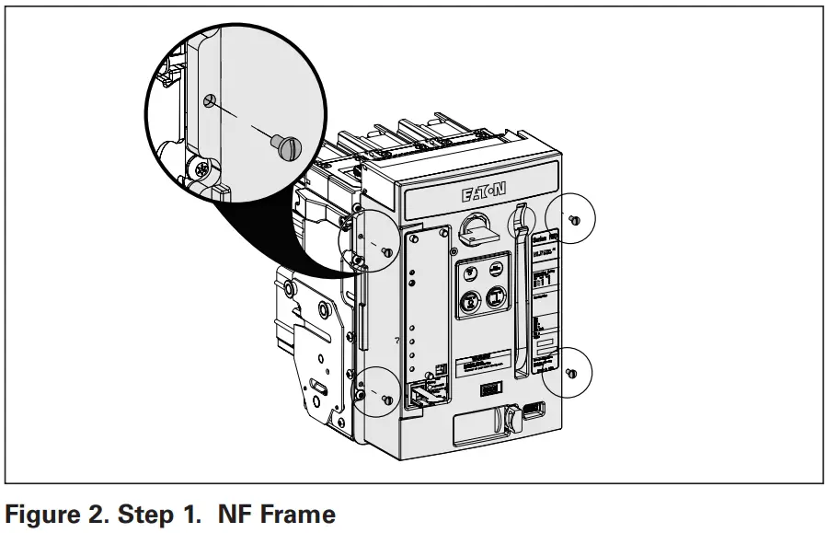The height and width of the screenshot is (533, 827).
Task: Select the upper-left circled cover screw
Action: tap(387, 251)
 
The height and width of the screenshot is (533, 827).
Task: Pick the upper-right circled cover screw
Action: tap(573, 219)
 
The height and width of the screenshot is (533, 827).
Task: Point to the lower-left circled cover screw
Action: tap(386, 399)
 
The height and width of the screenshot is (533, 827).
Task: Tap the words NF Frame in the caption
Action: tap(277, 514)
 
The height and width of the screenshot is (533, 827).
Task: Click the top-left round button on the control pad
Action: tap(469, 272)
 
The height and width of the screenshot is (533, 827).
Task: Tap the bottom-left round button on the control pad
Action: tap(469, 299)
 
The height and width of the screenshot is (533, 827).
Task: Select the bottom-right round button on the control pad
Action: tap(495, 297)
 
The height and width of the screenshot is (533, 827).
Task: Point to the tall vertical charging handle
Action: tap(522, 285)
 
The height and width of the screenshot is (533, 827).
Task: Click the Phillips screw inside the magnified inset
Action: tap(201, 168)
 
